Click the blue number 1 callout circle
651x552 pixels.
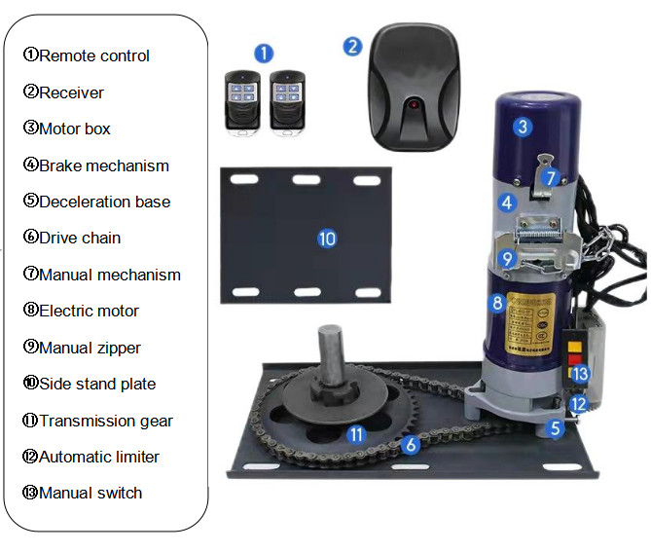click(x=264, y=54)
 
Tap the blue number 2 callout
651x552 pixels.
click(x=352, y=47)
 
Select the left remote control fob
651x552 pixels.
click(x=242, y=102)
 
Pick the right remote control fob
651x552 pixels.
click(x=287, y=102)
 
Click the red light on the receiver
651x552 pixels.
click(x=414, y=104)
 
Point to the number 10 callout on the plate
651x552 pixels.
click(x=327, y=239)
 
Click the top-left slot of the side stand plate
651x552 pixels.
click(x=244, y=179)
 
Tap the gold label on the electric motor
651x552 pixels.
click(x=531, y=322)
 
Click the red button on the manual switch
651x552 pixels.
click(x=574, y=358)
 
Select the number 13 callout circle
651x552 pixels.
click(x=580, y=374)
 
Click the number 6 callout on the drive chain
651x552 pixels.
click(x=411, y=445)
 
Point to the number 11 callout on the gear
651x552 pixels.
click(x=356, y=434)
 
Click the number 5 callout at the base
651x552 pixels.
click(x=556, y=428)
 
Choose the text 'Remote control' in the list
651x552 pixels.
click(x=94, y=55)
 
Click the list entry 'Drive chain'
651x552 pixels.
click(x=80, y=238)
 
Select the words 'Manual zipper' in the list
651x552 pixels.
click(x=90, y=349)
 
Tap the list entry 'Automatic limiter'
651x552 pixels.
click(x=99, y=457)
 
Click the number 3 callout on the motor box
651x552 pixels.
click(x=523, y=127)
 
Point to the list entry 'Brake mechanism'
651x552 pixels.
click(x=104, y=166)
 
